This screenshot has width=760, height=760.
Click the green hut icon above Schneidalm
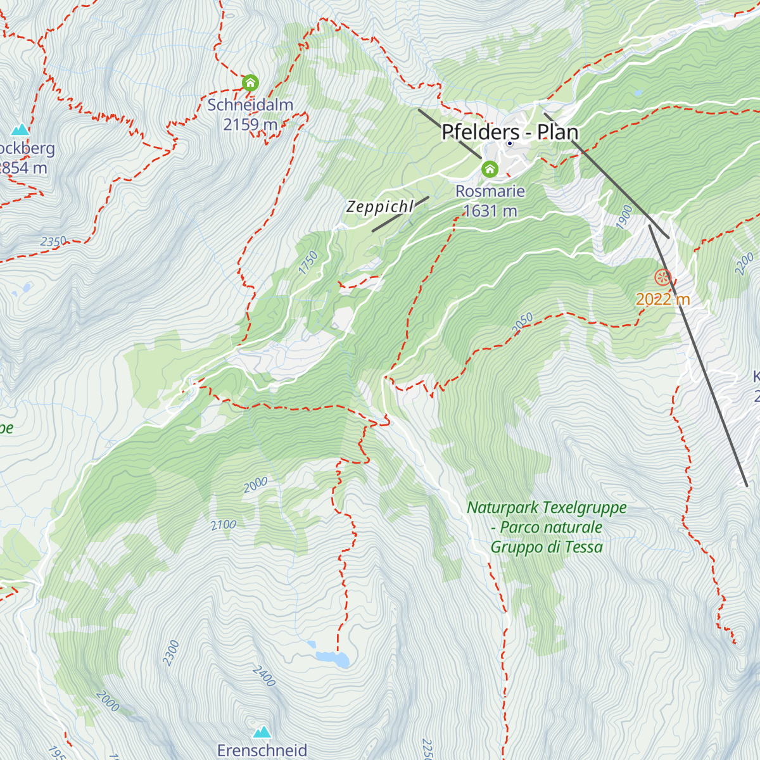tap(250, 82)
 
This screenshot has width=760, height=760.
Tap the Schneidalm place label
tap(250, 104)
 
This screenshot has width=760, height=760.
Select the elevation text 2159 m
tap(250, 124)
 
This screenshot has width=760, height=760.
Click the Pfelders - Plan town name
tap(510, 132)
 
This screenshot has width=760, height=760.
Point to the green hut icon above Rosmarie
tap(490, 169)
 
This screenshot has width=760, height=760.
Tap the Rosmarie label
tap(490, 191)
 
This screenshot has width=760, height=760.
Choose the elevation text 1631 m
tap(490, 211)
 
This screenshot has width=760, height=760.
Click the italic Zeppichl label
tap(379, 207)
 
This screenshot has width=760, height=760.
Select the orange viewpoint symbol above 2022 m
tap(662, 277)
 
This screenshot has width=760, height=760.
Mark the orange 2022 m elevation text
tap(662, 299)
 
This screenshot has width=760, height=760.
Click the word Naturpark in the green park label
tap(503, 507)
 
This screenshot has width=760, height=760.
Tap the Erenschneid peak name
tap(262, 750)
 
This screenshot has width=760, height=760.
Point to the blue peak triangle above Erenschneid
tap(262, 732)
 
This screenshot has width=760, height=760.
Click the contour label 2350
tap(53, 241)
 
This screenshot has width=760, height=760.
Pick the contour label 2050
tap(522, 322)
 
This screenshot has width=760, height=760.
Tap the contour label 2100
tap(224, 524)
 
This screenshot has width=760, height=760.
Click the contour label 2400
tap(264, 676)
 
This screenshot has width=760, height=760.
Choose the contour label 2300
tap(171, 653)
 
